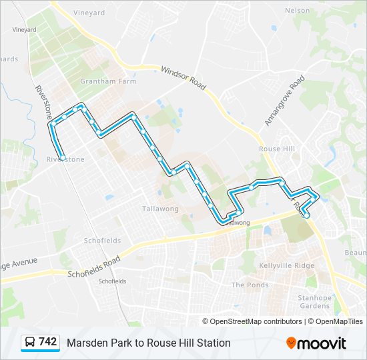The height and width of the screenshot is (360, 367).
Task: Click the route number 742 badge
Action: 39,342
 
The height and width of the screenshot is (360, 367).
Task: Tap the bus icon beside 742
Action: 31,343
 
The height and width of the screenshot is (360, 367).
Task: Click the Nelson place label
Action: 297,11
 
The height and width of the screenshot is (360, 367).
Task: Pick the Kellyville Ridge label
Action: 286,265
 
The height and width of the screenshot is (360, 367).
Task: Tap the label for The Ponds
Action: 250,285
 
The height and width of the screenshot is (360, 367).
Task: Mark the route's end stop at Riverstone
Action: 62,157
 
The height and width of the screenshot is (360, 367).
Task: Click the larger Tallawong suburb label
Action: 159,209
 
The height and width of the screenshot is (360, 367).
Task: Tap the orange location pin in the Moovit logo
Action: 291,343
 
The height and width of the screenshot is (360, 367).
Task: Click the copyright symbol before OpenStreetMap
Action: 206,321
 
